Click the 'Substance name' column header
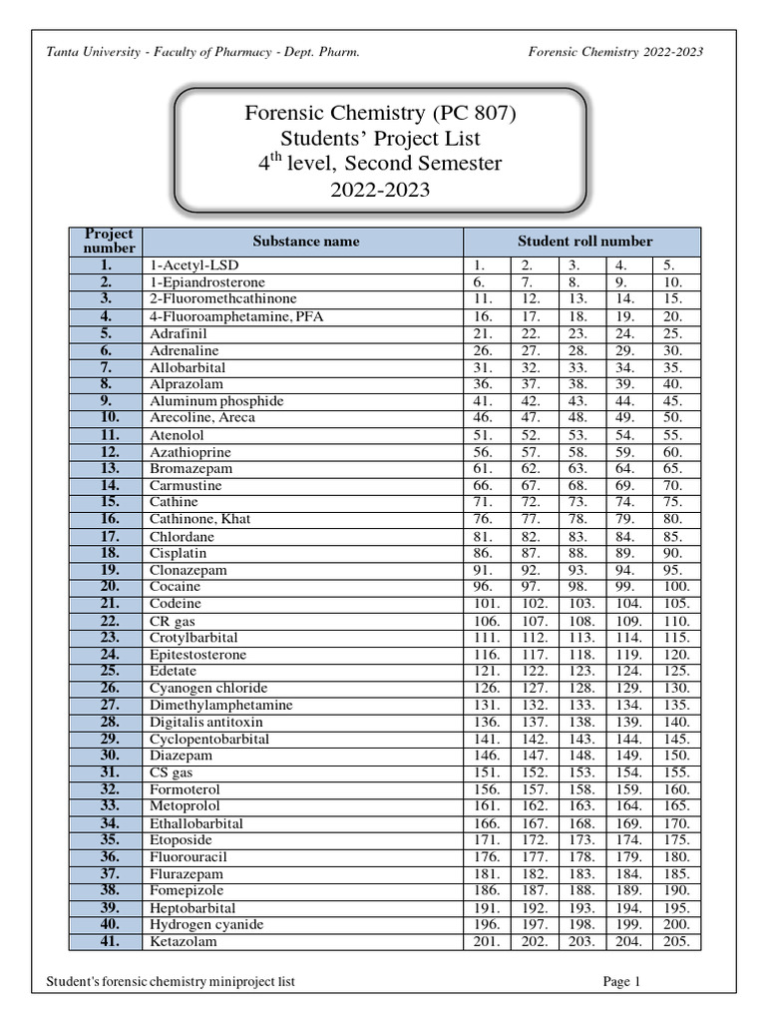305,242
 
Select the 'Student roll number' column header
584,242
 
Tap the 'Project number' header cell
109,242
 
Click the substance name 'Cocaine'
176,587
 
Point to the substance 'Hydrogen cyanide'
207,925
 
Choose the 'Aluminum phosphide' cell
216,401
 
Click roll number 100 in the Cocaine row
675,587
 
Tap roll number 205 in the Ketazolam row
675,941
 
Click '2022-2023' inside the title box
380,189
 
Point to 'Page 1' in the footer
621,982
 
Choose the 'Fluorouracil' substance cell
189,856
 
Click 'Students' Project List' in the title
380,139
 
